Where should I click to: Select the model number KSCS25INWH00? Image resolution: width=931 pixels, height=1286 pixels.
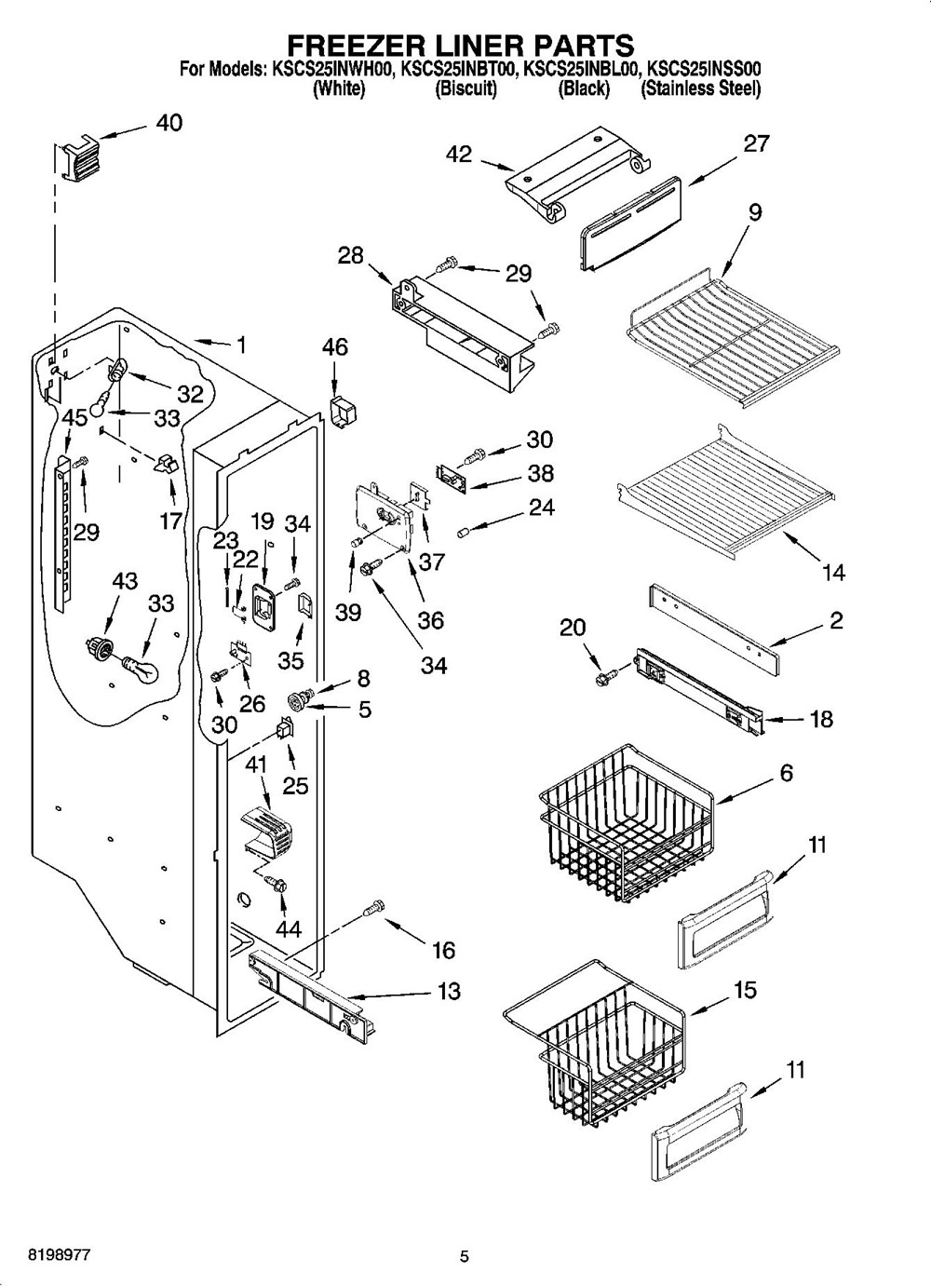point(333,69)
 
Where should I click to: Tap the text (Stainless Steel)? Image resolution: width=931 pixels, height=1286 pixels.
point(700,89)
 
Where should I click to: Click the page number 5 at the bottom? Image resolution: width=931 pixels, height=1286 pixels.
point(464,1257)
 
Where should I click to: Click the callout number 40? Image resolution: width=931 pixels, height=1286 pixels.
point(169,123)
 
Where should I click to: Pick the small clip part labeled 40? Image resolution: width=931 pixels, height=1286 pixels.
point(76,155)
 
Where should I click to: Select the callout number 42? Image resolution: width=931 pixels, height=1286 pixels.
point(459,155)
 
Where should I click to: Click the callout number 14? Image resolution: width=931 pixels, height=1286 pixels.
point(834,572)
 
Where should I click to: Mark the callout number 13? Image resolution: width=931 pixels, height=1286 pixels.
point(449,992)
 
